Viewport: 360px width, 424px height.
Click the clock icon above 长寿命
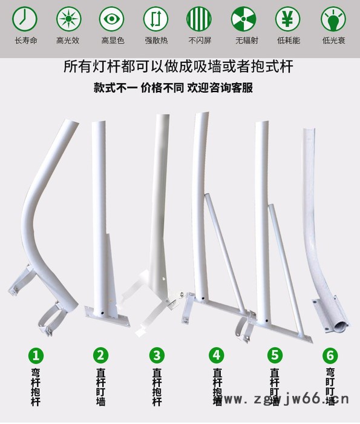[x=25, y=19]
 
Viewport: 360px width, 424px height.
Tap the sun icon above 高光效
[x=68, y=19]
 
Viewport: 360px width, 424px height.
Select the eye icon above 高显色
[x=112, y=19]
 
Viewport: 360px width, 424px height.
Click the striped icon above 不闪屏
[x=199, y=19]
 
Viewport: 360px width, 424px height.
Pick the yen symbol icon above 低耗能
[x=287, y=19]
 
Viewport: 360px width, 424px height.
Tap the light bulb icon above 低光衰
[x=330, y=19]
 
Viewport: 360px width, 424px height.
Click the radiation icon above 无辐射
[x=243, y=19]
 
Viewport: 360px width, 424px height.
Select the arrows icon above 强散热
[x=155, y=19]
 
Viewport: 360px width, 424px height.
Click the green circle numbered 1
[x=38, y=355]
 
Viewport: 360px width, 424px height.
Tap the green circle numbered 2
[x=100, y=355]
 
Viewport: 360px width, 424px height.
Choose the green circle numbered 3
[x=157, y=355]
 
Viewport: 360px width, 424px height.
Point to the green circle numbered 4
[x=217, y=355]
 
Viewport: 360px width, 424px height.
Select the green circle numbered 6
[x=330, y=355]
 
